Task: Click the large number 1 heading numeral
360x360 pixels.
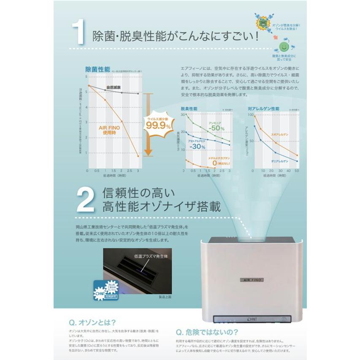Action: (80, 33)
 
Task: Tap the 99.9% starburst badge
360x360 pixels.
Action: (159, 125)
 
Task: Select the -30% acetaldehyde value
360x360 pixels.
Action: (198, 146)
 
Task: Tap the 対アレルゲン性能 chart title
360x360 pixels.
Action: (264, 109)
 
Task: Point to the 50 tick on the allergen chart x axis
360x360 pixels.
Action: (297, 171)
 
